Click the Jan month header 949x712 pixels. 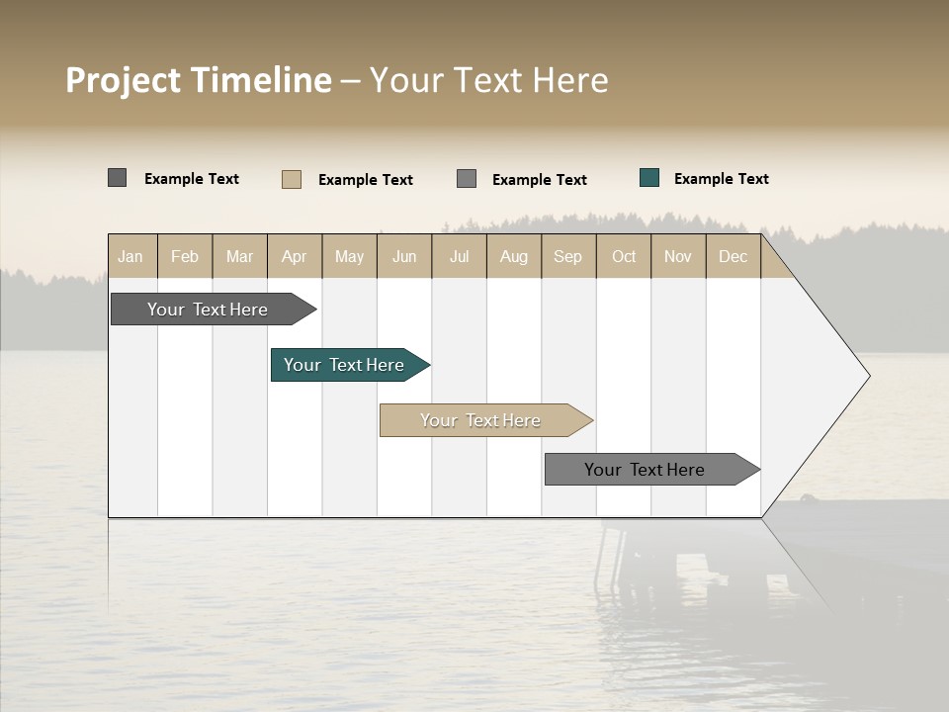(x=130, y=257)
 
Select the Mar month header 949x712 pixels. (x=239, y=257)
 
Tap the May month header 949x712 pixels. (x=349, y=257)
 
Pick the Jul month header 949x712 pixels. (x=459, y=257)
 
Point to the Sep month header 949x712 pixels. (x=567, y=257)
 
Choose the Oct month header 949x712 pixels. (x=624, y=257)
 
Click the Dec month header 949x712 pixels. (x=733, y=257)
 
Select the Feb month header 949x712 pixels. (x=185, y=257)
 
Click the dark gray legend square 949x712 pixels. (x=118, y=178)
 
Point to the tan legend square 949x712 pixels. (x=292, y=179)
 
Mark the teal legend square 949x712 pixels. (x=649, y=178)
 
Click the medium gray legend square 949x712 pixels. (x=467, y=179)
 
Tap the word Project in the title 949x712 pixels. (x=123, y=80)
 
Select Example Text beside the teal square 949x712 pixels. (x=721, y=179)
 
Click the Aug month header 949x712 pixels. (x=513, y=257)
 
